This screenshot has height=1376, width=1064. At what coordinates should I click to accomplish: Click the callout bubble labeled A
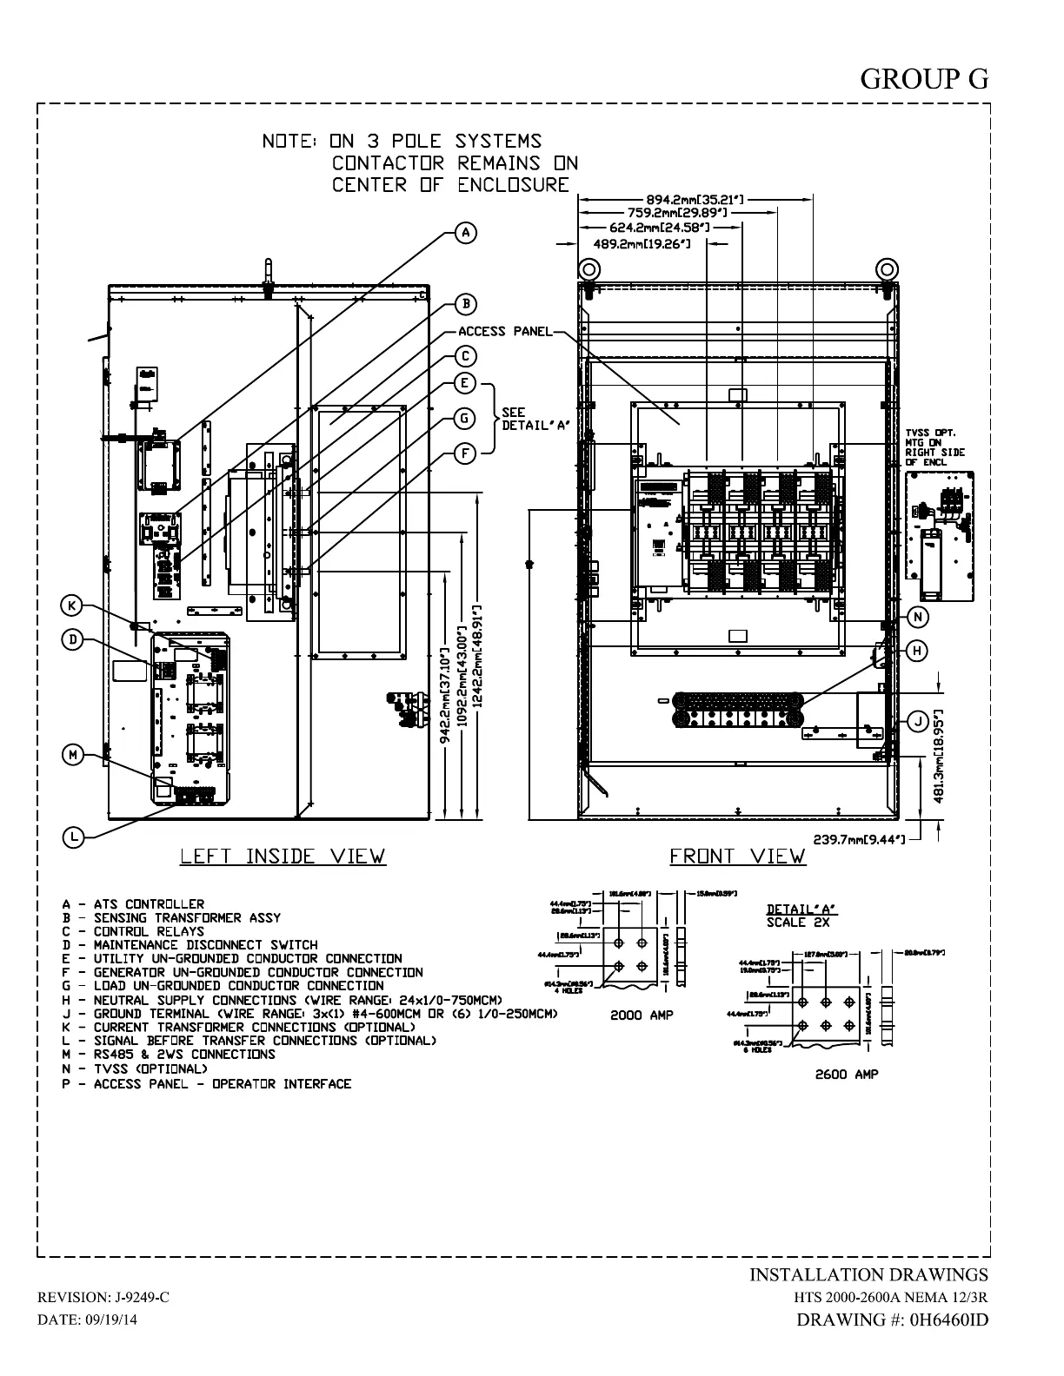point(466,233)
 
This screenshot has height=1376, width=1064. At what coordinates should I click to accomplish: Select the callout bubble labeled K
point(73,605)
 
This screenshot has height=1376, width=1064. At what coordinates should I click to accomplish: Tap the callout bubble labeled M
point(74,755)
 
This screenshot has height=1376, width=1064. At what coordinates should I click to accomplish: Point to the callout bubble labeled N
point(918,617)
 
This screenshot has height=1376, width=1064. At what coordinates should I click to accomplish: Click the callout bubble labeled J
point(918,721)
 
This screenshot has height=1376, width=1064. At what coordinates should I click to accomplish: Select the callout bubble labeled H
point(918,651)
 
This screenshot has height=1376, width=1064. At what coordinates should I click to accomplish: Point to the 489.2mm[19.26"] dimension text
point(642,244)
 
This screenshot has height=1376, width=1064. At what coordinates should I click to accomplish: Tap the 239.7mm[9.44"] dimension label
point(859,839)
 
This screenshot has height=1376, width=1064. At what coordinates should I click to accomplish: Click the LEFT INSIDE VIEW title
point(282,857)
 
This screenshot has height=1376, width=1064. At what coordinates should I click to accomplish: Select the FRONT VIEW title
point(737,857)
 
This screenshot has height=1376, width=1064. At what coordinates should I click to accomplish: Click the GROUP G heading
point(924,79)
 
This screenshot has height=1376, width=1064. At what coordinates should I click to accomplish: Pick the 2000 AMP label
point(642,1015)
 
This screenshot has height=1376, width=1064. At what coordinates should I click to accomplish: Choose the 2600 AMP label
point(846,1075)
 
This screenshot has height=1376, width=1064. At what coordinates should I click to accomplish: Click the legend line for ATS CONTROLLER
point(133,904)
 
